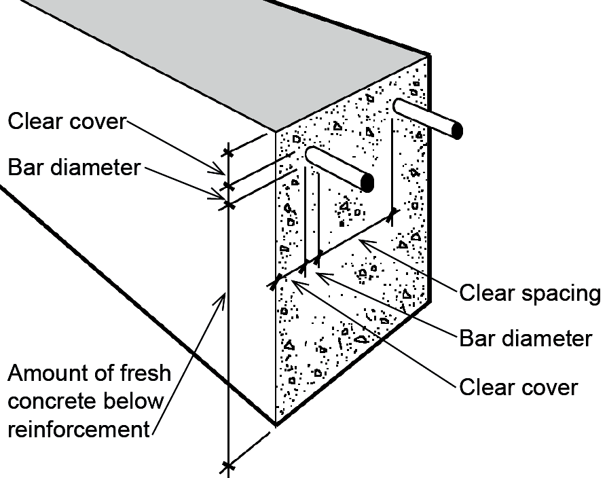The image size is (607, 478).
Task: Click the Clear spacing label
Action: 530,293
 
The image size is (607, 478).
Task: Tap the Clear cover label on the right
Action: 518,387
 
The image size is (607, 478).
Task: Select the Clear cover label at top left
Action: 67,122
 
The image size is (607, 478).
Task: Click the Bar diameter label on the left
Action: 74,167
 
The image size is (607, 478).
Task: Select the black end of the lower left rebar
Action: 367,183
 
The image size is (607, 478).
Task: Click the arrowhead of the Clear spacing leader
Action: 361,240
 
